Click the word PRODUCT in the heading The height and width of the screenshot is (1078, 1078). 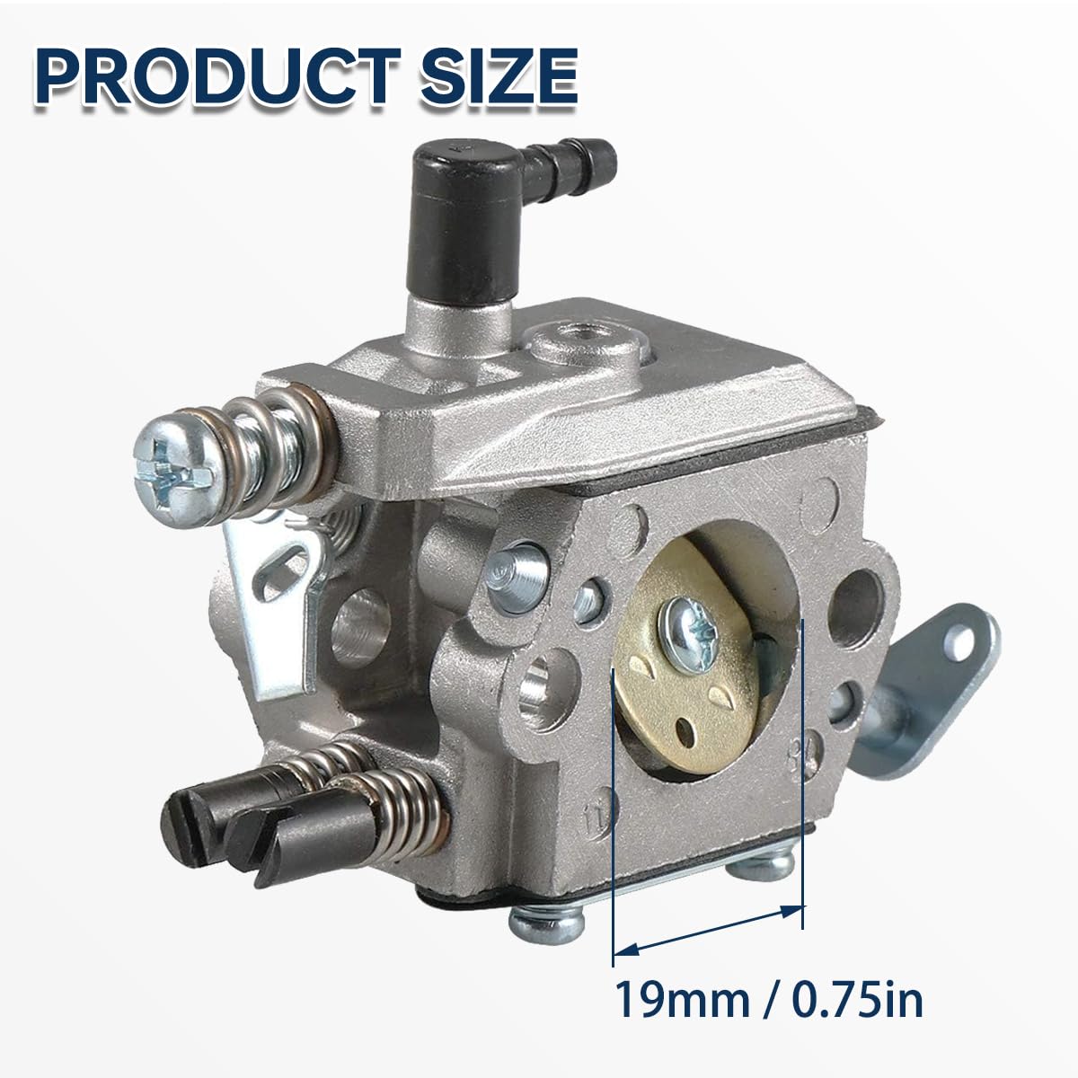pyautogui.click(x=218, y=76)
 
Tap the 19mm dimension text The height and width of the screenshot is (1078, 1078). pyautogui.click(x=682, y=999)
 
